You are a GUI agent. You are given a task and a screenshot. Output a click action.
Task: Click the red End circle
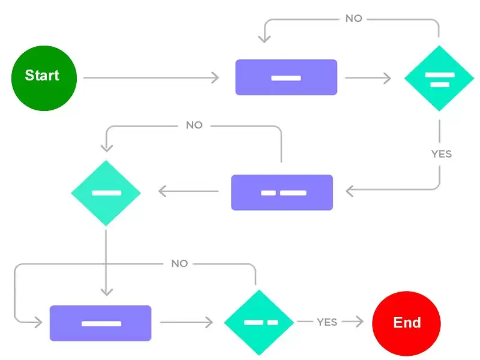coord(406,322)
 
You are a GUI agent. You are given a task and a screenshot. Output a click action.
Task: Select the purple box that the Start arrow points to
coord(286,77)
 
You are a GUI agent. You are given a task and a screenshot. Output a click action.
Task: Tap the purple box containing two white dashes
coord(282,192)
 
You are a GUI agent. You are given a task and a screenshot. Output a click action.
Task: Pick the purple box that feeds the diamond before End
coord(100,323)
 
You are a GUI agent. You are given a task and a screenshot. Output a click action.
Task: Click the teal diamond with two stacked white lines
coord(439,79)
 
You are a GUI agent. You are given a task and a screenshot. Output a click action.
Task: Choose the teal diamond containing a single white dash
coord(106,193)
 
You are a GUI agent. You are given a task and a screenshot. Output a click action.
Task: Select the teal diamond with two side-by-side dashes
coord(259,322)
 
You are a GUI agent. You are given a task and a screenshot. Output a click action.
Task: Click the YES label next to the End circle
coord(327,322)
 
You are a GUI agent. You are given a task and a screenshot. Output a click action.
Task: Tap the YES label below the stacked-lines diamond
coord(441,154)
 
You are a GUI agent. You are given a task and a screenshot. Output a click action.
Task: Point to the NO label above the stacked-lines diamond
coord(353,19)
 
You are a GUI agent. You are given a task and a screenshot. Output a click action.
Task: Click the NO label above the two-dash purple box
coord(194,125)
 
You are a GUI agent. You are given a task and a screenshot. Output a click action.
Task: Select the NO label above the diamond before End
coord(179,263)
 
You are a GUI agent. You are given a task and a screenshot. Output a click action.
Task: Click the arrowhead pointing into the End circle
coord(361,322)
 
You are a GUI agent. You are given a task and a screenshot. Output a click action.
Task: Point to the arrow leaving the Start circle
coord(150,78)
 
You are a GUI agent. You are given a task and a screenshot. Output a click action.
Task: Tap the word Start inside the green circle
coord(42,76)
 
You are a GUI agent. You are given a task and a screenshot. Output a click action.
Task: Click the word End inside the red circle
coord(407,322)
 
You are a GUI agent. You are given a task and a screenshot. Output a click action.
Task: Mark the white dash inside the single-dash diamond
coord(106,193)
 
